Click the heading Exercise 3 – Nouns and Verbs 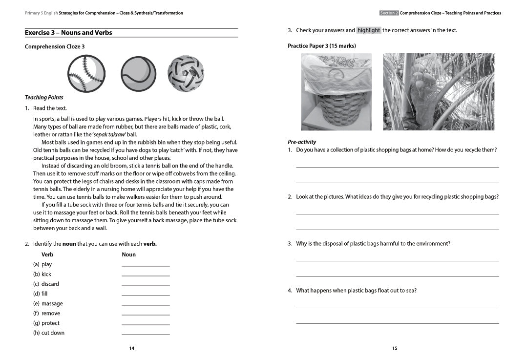tap(68, 33)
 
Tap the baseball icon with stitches tap(86, 73)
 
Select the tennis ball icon tap(138, 74)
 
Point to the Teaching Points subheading tap(44, 97)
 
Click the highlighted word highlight tap(369, 30)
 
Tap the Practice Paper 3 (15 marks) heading tap(321, 46)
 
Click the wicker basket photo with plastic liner tap(336, 92)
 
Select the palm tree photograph tap(438, 92)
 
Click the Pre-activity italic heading tap(302, 142)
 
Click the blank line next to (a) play tap(146, 264)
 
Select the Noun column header tap(128, 254)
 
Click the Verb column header tap(47, 254)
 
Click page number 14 tap(131, 348)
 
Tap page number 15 tap(395, 348)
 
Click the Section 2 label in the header tap(389, 13)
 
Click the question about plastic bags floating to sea tap(356, 291)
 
